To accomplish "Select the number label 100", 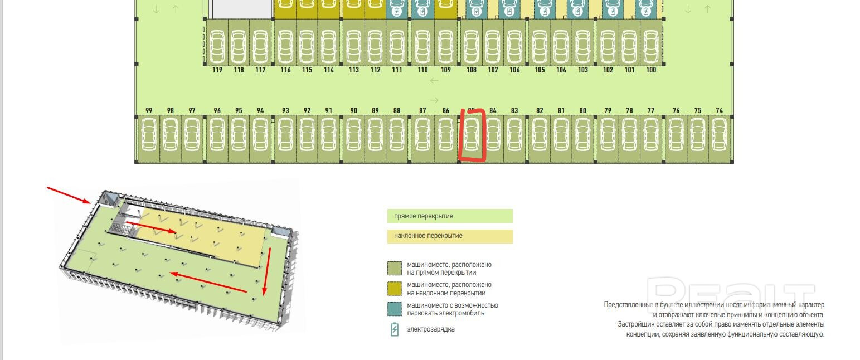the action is pos(651,70).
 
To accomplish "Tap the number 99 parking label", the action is pos(149,110).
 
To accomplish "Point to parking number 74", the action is pos(719,110).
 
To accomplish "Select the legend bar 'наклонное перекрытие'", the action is pos(450,236).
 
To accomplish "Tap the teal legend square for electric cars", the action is pos(395,309).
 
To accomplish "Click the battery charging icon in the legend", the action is pos(395,329).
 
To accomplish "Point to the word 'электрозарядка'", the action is pos(430,329).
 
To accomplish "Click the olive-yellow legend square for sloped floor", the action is pos(395,289).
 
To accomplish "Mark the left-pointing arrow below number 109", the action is pos(434,81).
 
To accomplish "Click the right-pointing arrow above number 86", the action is pos(434,100).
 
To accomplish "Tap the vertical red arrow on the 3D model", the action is pos(267,272).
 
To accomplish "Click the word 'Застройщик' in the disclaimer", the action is pos(634,324).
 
